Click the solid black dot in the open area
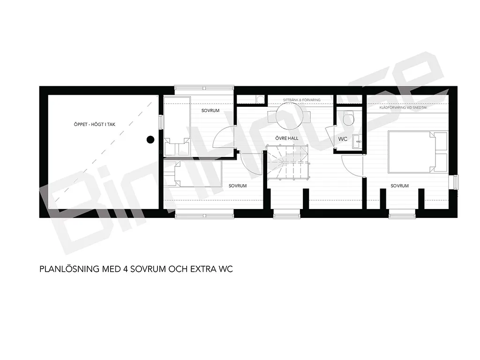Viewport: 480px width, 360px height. pos(150,140)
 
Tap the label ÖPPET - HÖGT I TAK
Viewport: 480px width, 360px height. pos(95,124)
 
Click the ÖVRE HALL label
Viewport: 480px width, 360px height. pos(287,138)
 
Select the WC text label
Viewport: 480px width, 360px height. pos(343,139)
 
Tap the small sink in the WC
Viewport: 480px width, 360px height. pos(356,142)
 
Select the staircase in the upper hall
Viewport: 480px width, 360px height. pos(288,163)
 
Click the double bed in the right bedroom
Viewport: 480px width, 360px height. pos(418,152)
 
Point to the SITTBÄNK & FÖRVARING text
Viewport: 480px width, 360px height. pos(301,100)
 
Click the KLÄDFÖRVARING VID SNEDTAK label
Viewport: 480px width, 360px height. pos(403,107)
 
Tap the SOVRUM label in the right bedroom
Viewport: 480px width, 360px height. pos(399,186)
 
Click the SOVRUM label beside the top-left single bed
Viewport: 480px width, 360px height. pos(210,111)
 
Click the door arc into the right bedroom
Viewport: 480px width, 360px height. pos(346,168)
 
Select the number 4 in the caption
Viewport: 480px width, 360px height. pos(125,269)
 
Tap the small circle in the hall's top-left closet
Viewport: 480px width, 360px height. pos(261,99)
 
